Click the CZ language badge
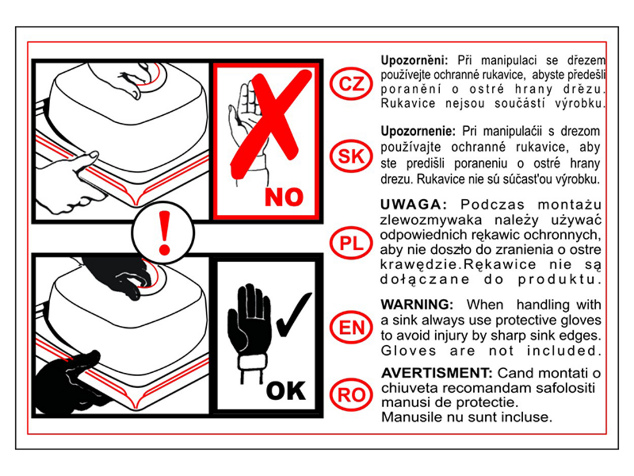pos(351,84)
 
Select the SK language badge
pos(351,156)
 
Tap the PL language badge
pos(351,243)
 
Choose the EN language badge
pos(351,327)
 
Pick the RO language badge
pos(351,395)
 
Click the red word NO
pos(284,197)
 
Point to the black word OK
pos(286,391)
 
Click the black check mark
pos(293,314)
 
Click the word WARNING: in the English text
pos(417,304)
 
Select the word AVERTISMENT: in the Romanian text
pos(437,372)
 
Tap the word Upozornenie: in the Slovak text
pos(418,132)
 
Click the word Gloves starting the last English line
pos(409,350)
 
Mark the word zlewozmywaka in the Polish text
pos(431,221)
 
